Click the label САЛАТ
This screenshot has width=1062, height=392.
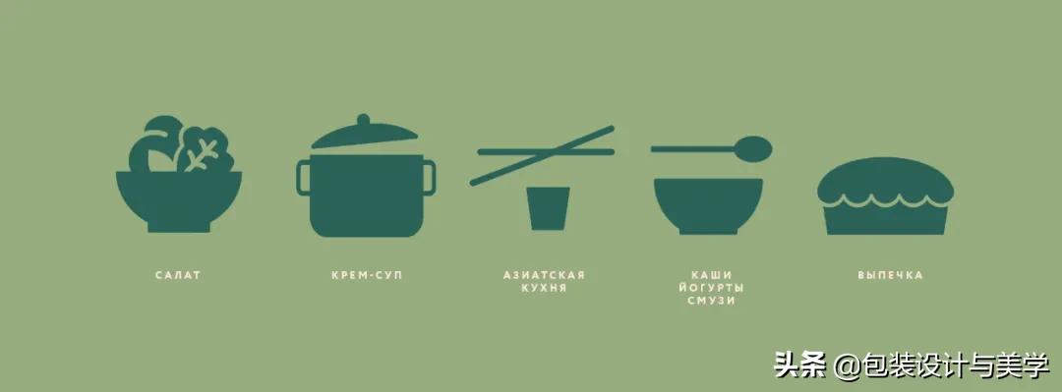[x=178, y=275]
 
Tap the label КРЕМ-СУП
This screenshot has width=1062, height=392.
[x=367, y=275]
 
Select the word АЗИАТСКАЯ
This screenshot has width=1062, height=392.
[x=544, y=275]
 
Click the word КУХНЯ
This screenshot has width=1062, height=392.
[x=544, y=288]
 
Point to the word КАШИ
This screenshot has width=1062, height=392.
[x=711, y=275]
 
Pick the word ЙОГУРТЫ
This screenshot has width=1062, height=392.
[x=711, y=288]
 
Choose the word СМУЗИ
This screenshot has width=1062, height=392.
[x=711, y=301]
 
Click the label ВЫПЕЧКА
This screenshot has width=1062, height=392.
[x=890, y=275]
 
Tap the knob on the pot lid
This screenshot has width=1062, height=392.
[x=364, y=120]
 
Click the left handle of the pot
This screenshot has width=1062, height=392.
[x=303, y=177]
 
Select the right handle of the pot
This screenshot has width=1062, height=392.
[x=429, y=177]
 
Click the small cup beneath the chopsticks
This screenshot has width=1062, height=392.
[x=548, y=207]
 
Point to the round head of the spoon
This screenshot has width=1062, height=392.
[x=755, y=148]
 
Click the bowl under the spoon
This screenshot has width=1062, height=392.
[x=708, y=204]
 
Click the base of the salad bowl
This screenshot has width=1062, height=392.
[x=179, y=226]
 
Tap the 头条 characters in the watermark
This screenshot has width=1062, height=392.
[x=799, y=364]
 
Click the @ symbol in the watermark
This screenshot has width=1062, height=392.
[x=845, y=365]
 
